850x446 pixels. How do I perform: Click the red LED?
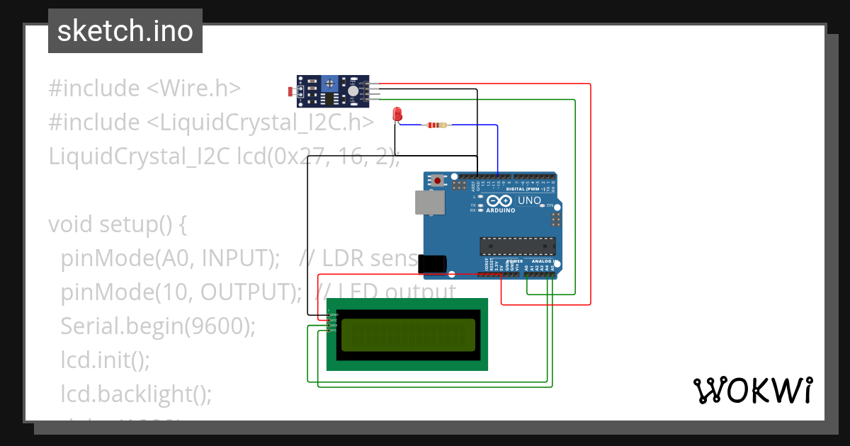397,113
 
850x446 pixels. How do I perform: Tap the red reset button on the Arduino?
438,181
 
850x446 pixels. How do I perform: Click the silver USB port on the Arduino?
429,202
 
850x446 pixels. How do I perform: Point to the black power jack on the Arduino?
432,263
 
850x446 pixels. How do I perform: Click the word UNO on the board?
530,201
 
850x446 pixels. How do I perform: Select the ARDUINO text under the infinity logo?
500,210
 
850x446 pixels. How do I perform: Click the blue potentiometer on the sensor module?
330,84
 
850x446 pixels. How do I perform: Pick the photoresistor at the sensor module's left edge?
291,91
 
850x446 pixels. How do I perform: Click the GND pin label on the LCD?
334,314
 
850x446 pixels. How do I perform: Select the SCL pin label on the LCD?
334,331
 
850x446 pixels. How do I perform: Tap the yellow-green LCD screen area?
408,335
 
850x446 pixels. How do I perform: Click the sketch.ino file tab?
125,31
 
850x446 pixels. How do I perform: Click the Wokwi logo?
752,390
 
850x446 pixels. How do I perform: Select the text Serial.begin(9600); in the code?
157,326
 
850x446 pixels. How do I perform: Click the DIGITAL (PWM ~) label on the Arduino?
525,189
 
